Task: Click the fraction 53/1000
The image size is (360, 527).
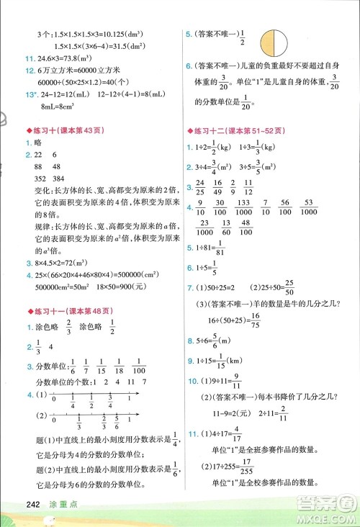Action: [310, 207]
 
